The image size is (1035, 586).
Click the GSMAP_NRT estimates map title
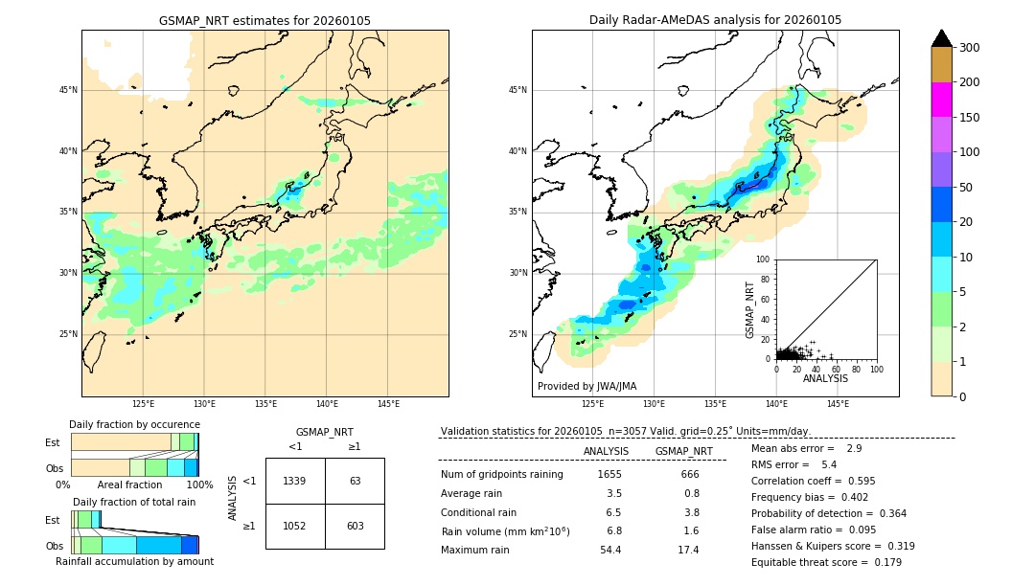click(264, 20)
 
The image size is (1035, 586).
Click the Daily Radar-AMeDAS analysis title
click(715, 20)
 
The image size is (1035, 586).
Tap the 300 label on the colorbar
click(970, 48)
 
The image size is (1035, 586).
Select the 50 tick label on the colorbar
click(967, 188)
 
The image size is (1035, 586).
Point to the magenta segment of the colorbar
click(942, 100)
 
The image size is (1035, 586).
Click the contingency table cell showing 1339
click(295, 481)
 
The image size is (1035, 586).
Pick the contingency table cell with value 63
click(355, 481)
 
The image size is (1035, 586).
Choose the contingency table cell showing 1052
click(295, 526)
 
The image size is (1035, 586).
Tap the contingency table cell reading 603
click(355, 526)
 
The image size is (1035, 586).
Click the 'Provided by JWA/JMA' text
click(586, 387)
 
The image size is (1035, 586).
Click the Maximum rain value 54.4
click(609, 550)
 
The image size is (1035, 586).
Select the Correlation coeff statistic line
click(813, 481)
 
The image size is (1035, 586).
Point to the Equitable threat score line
click(826, 562)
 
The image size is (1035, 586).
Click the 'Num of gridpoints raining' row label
click(502, 475)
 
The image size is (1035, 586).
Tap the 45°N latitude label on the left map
click(68, 90)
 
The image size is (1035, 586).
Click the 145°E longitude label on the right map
click(838, 404)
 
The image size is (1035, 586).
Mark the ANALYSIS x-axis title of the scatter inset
click(825, 378)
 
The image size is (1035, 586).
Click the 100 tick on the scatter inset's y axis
click(764, 259)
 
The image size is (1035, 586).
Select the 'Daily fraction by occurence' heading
click(134, 424)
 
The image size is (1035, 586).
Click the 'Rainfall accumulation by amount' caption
click(134, 561)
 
